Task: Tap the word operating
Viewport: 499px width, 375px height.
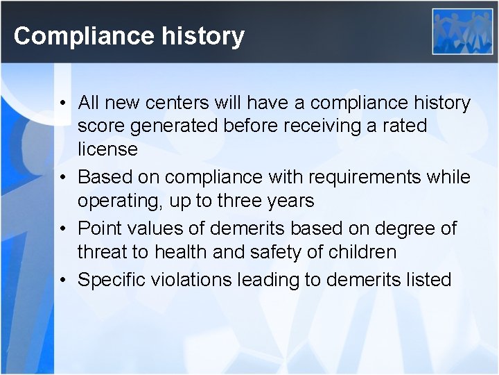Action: pos(121,201)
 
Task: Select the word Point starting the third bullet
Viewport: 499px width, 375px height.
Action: pos(98,228)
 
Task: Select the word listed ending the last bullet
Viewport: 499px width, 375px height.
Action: pos(424,279)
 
